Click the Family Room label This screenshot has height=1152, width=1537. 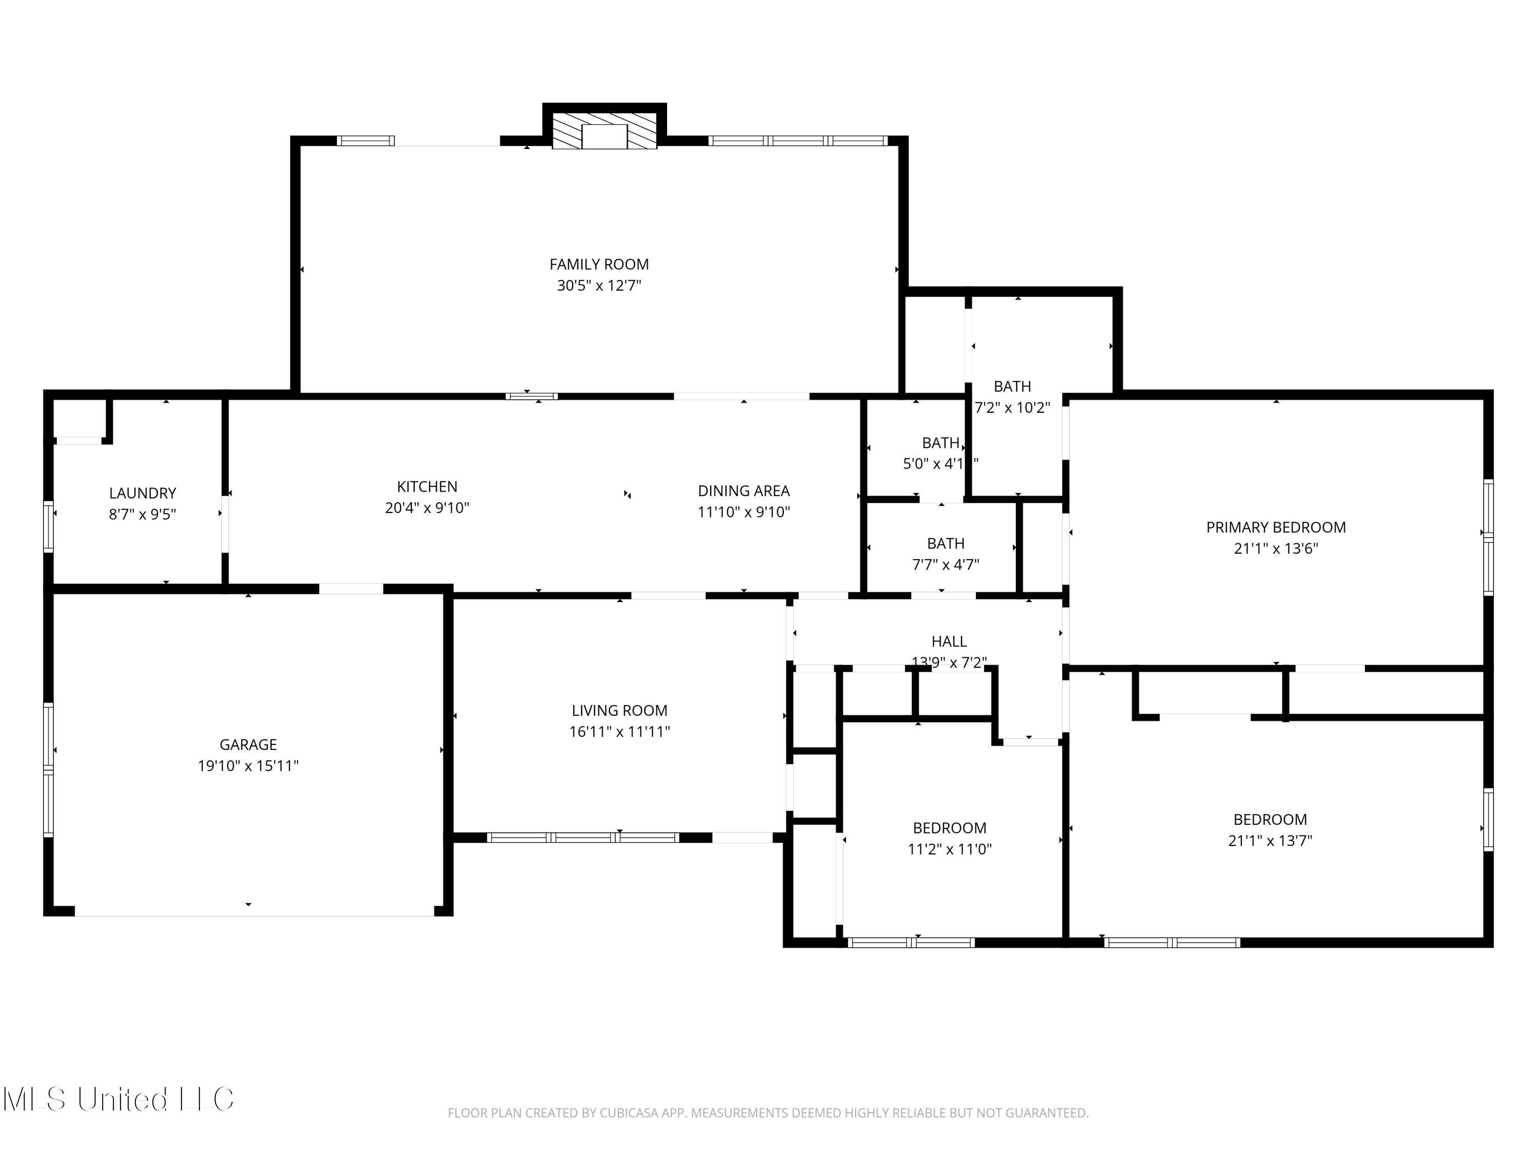coord(599,265)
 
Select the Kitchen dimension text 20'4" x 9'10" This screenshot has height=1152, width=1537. coord(427,507)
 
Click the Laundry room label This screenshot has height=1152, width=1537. coord(142,493)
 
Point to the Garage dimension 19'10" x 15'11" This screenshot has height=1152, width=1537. coord(248,765)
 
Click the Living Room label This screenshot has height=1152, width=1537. coord(619,710)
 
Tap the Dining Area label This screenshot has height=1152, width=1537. coord(743,491)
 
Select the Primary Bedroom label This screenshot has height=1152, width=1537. coord(1276,527)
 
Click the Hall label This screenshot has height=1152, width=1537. coord(948,642)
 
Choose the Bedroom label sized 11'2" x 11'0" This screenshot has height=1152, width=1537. coord(949,828)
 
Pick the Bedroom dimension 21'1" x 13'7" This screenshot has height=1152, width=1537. coord(1270,840)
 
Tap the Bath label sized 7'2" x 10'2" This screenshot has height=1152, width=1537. coord(1012,387)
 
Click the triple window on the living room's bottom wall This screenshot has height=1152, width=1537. coord(583,838)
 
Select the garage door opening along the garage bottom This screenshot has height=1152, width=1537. coord(254,915)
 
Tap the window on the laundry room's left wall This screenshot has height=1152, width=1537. coord(49,526)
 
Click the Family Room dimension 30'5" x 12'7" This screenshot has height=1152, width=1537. coord(599,285)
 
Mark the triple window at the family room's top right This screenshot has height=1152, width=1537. coord(798,141)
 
